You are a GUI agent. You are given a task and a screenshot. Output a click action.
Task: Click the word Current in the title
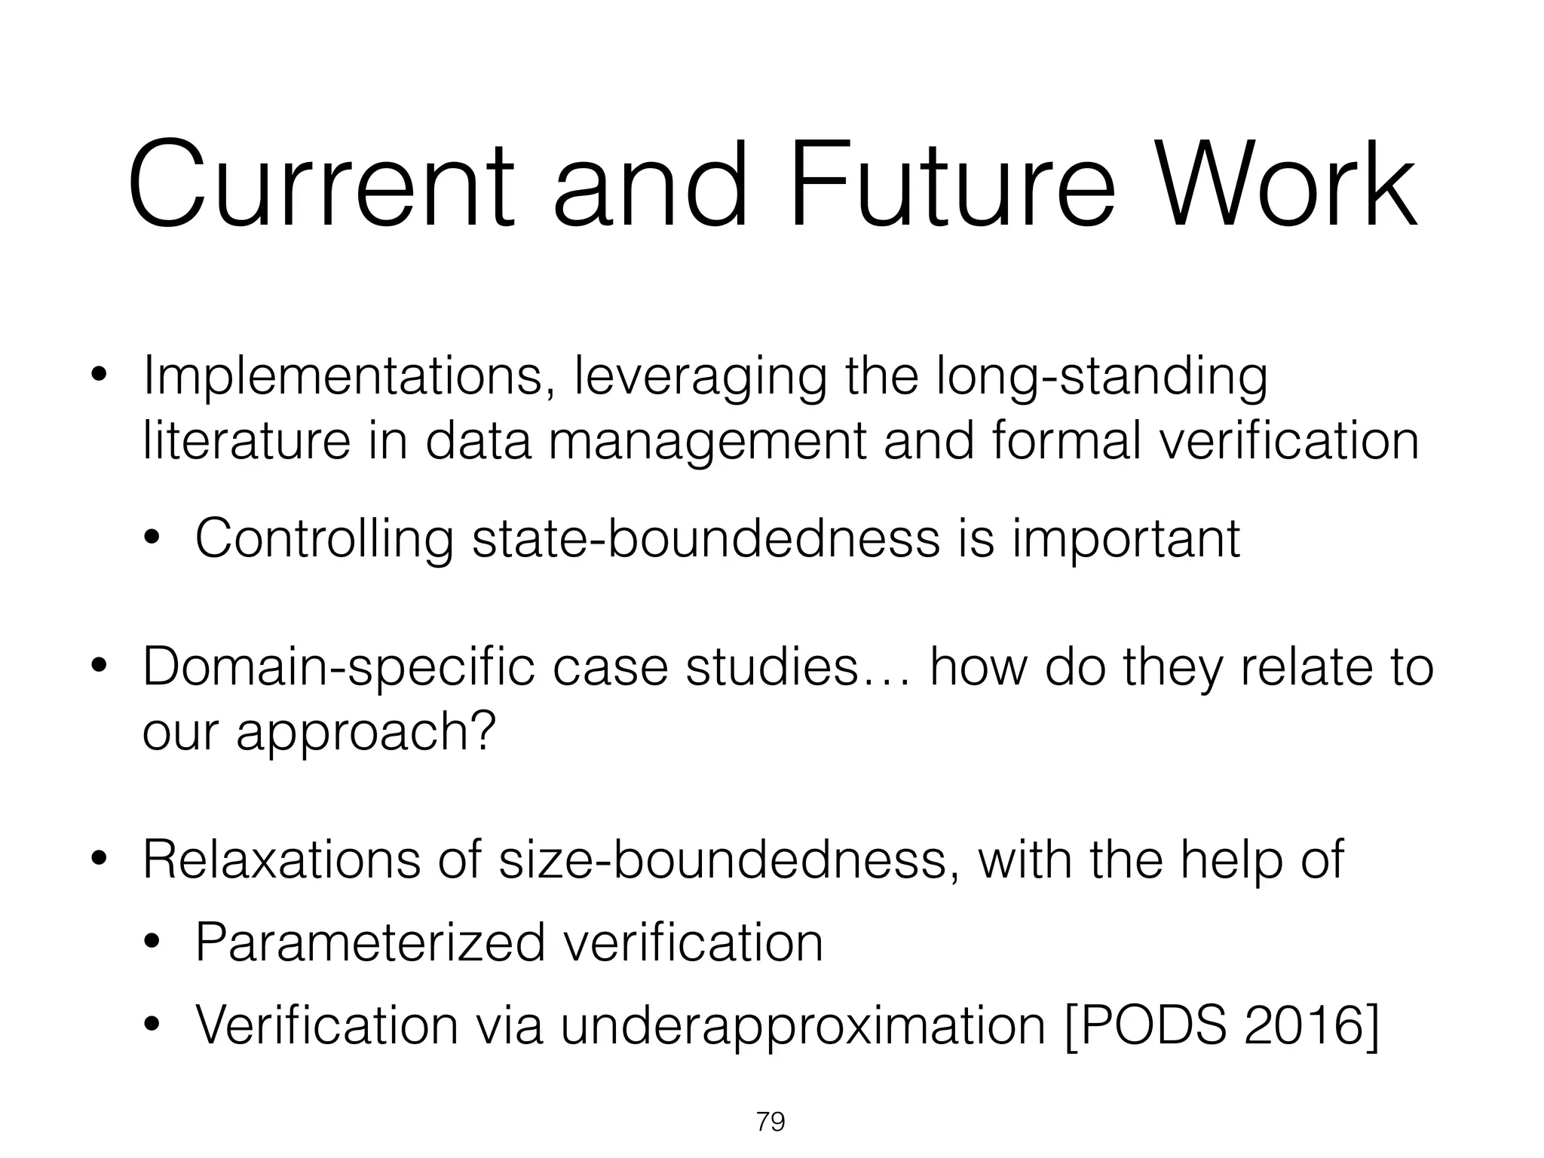coord(320,185)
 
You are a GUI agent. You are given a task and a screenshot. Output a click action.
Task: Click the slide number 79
coord(770,1123)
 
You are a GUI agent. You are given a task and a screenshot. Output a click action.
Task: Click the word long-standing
coord(1101,377)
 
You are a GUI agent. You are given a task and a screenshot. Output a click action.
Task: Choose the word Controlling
coord(324,540)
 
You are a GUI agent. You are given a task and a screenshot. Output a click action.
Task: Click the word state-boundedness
coord(706,538)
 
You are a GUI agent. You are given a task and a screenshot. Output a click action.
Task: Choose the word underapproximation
coord(803,1026)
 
